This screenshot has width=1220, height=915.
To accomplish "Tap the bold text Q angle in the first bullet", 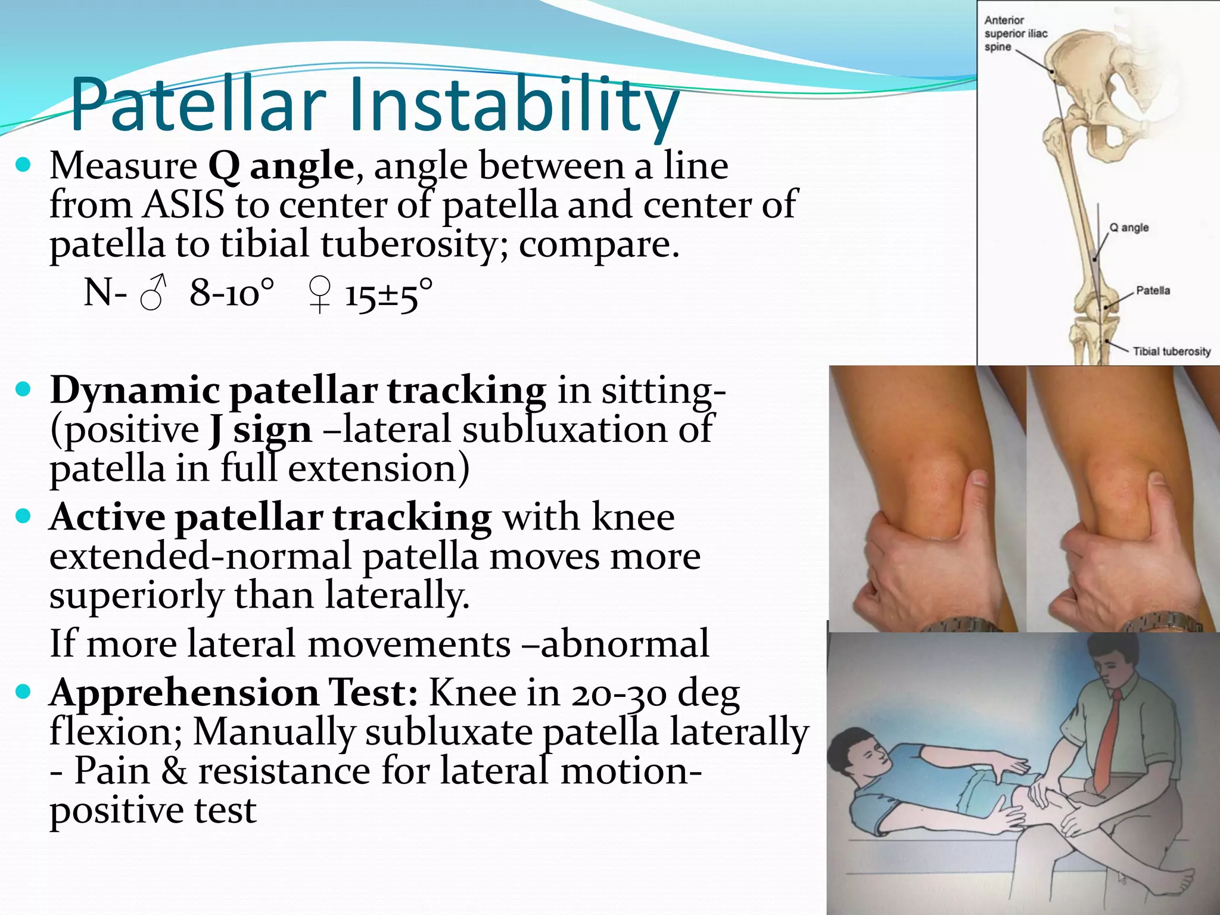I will tap(281, 166).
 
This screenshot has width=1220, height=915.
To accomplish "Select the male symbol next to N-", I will tap(152, 293).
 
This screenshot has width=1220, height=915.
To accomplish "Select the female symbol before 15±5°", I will tap(320, 294).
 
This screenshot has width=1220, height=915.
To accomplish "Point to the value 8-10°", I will tap(232, 293).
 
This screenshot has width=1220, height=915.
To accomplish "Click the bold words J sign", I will tap(260, 430).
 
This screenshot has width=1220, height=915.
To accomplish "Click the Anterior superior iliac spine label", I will tap(1015, 33).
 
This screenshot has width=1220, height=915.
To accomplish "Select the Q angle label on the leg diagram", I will tap(1128, 228).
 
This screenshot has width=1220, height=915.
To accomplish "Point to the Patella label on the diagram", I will tap(1153, 291).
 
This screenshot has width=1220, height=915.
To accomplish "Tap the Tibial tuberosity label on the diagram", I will tap(1171, 351).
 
